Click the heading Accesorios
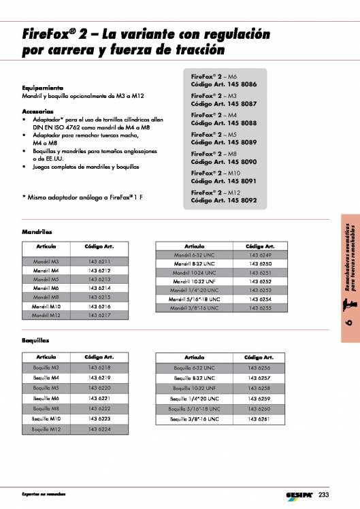click(38, 110)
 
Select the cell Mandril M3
click(46, 261)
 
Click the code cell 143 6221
click(99, 397)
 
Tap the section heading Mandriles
click(37, 231)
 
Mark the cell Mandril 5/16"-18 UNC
click(195, 299)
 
